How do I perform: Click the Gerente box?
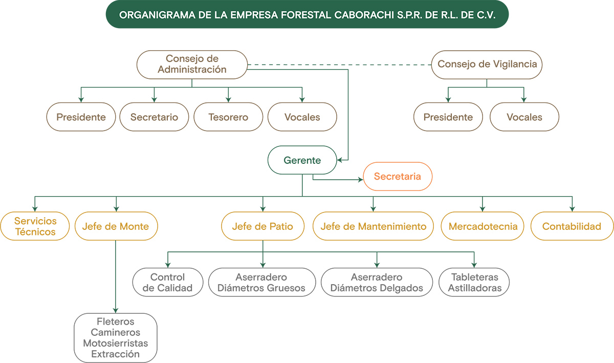[x=302, y=160]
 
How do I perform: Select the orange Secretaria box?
[x=398, y=177]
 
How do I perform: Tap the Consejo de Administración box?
[x=192, y=65]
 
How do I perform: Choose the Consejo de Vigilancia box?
[x=487, y=65]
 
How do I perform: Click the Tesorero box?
[x=228, y=117]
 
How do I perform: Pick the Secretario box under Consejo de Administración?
[x=154, y=117]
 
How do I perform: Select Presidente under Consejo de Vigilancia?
[x=448, y=117]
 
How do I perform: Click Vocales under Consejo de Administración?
[x=302, y=117]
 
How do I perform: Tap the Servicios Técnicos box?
[x=35, y=226]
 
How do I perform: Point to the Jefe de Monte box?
[x=116, y=226]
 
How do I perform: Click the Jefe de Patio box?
[x=262, y=226]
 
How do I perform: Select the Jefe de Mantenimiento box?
[x=373, y=226]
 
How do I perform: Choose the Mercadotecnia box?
[x=483, y=226]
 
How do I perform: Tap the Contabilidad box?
[x=572, y=226]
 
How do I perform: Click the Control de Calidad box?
[x=167, y=283]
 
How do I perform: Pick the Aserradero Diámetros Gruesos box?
[x=261, y=283]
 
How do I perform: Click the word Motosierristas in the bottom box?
[x=116, y=343]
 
